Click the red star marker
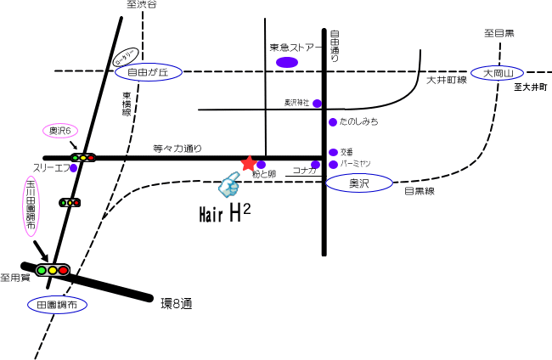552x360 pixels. tap(249, 163)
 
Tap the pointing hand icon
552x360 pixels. tap(229, 184)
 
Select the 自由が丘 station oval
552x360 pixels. tap(148, 74)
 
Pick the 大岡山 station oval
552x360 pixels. tap(498, 74)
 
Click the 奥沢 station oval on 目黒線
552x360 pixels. tap(359, 183)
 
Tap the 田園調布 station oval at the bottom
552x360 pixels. tap(57, 303)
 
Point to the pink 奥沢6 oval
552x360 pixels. tap(62, 131)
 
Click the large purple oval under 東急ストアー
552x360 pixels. tap(287, 62)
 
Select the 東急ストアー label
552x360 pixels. tap(291, 48)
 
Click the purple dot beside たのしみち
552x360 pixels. tap(333, 122)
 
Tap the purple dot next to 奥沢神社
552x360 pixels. tap(317, 104)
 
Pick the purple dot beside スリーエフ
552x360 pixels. tap(74, 168)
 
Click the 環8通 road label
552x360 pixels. tap(177, 301)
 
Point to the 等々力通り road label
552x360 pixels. tap(177, 148)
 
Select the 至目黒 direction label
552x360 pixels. tap(499, 33)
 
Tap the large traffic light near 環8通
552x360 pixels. tap(52, 270)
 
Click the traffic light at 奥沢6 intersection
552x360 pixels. tap(82, 157)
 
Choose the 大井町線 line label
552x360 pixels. tap(447, 80)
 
